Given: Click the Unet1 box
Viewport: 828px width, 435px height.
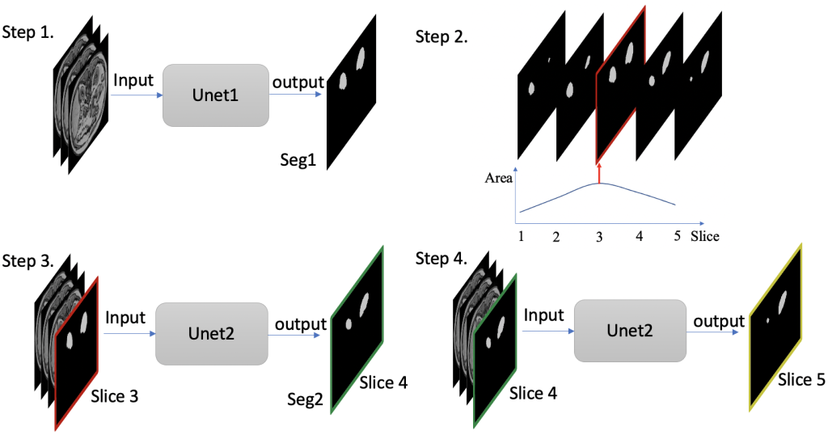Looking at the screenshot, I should [217, 95].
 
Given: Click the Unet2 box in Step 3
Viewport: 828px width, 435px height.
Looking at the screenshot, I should [210, 332].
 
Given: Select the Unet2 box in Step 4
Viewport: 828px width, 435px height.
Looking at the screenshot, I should [630, 332].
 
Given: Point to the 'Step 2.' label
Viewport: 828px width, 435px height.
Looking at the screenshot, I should [441, 37].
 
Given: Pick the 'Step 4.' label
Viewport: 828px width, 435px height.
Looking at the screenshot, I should [441, 260].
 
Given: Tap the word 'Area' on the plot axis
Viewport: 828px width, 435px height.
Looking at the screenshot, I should [499, 178].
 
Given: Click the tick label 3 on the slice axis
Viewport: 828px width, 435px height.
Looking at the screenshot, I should [599, 237].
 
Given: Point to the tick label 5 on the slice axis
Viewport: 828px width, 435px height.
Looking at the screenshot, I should [675, 237].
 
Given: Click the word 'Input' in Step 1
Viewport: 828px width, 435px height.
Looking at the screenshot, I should [133, 81].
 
